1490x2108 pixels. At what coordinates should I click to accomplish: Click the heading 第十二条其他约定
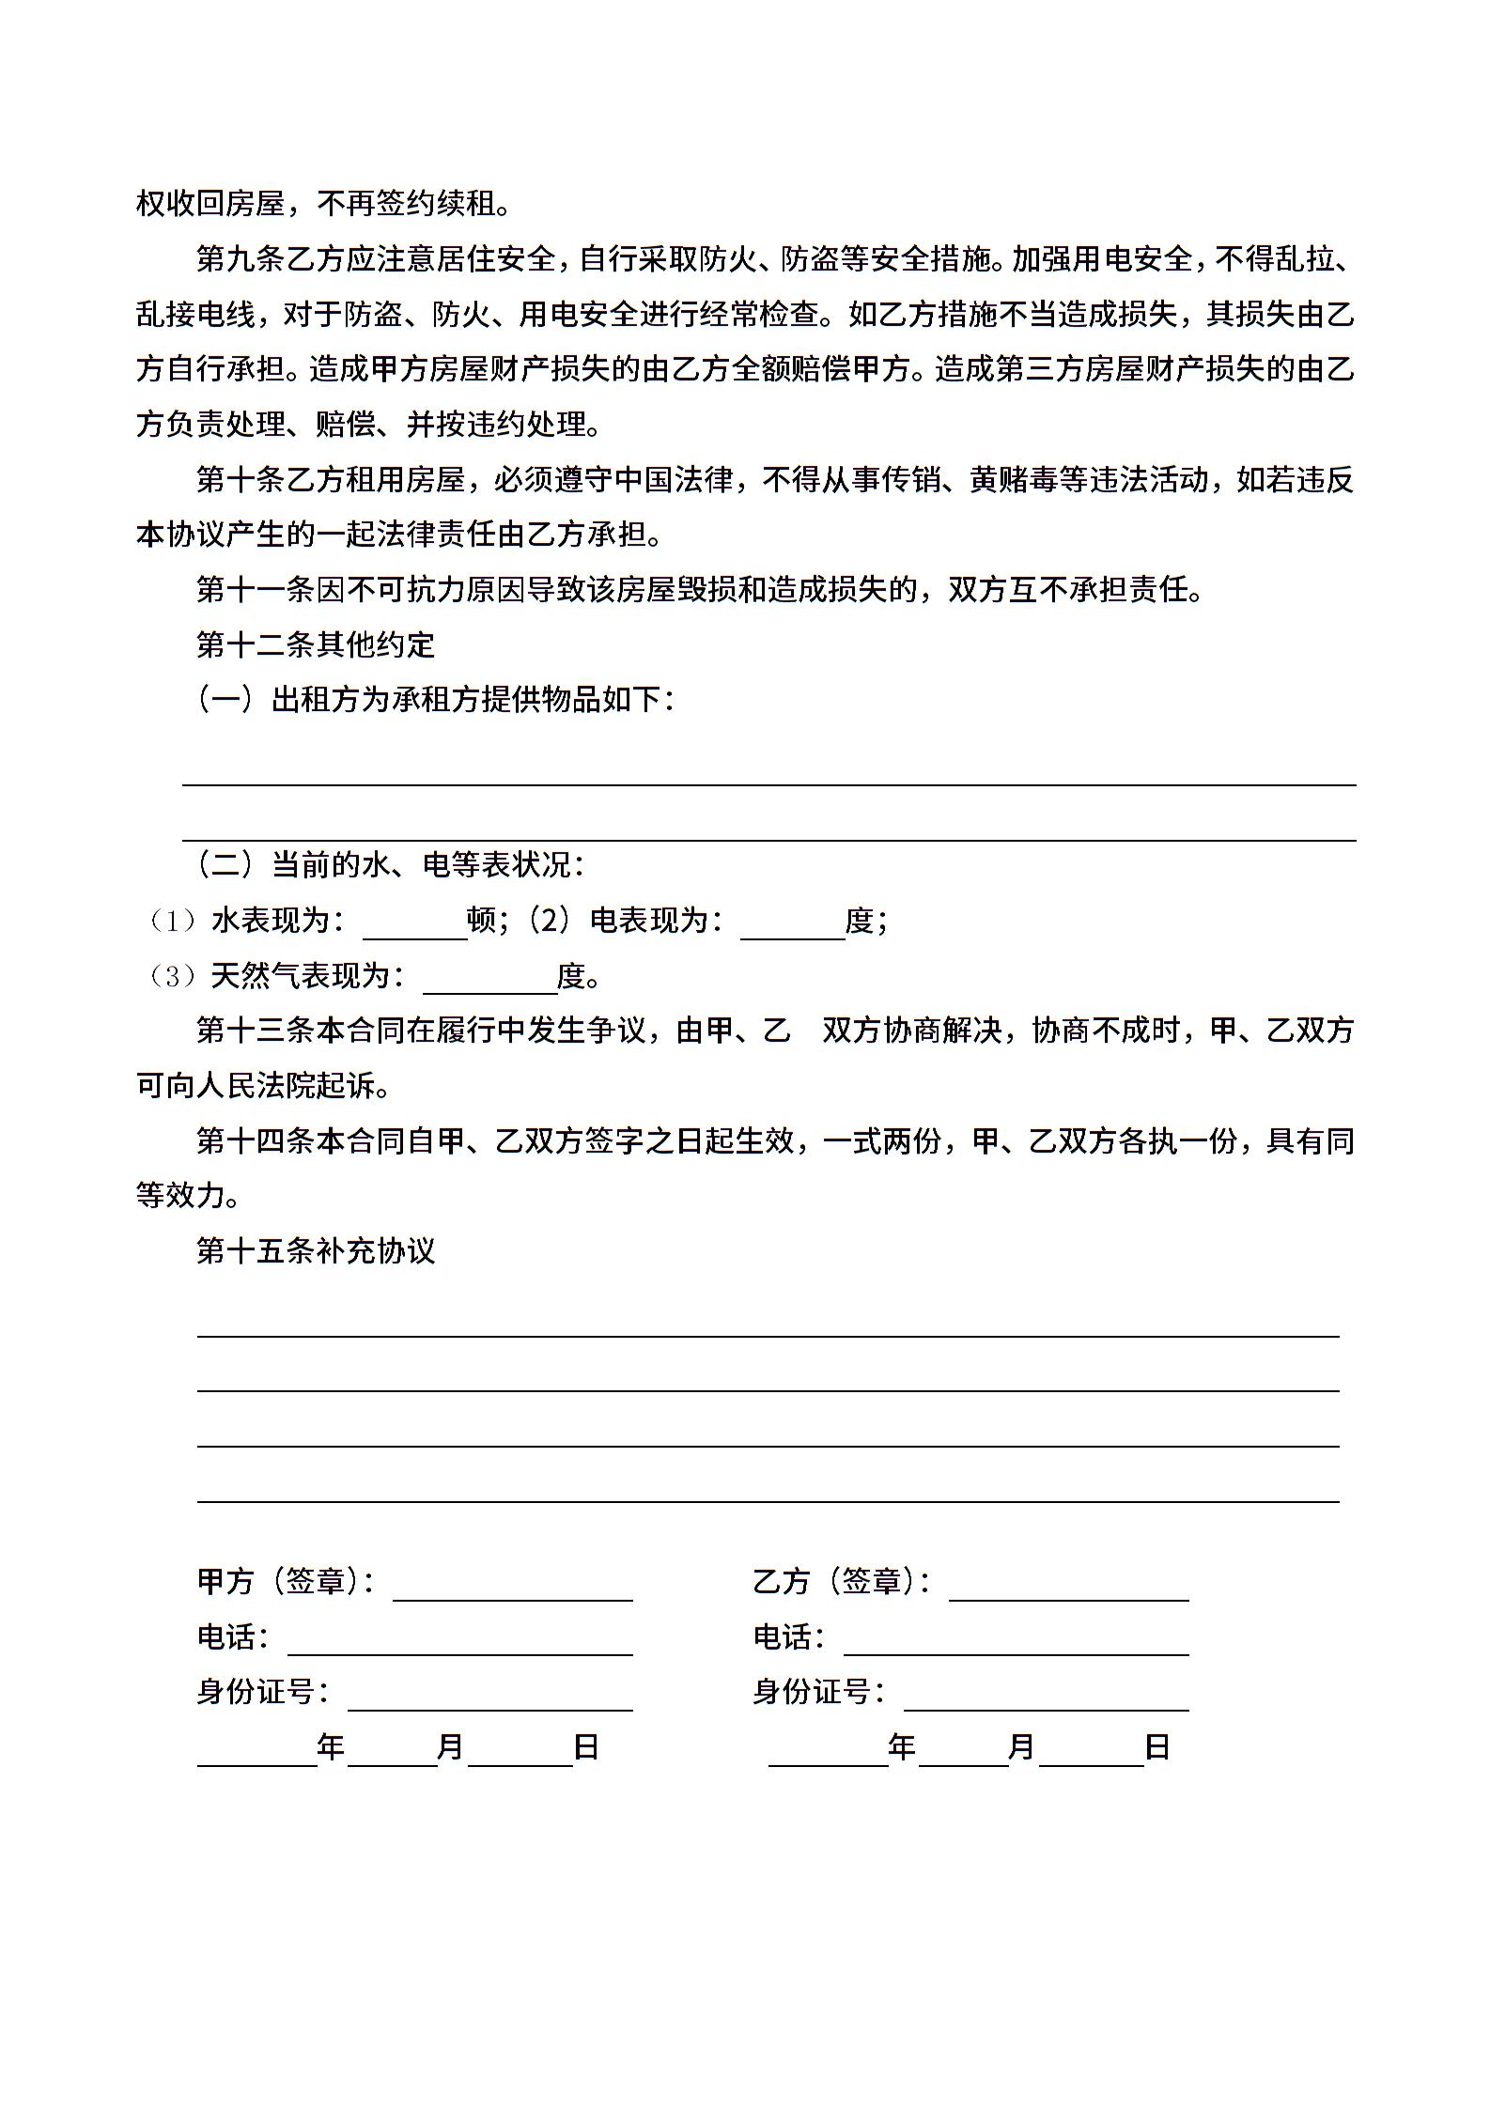(x=316, y=644)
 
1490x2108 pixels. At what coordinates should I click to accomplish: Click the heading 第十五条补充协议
(x=316, y=1250)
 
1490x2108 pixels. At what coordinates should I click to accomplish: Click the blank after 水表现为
(x=414, y=925)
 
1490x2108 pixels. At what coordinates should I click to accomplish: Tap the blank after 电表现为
(x=792, y=925)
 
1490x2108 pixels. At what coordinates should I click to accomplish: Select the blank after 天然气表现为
(x=489, y=980)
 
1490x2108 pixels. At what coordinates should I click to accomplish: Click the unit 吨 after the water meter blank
(x=482, y=920)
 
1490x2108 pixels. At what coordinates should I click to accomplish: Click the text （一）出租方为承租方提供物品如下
(x=434, y=700)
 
